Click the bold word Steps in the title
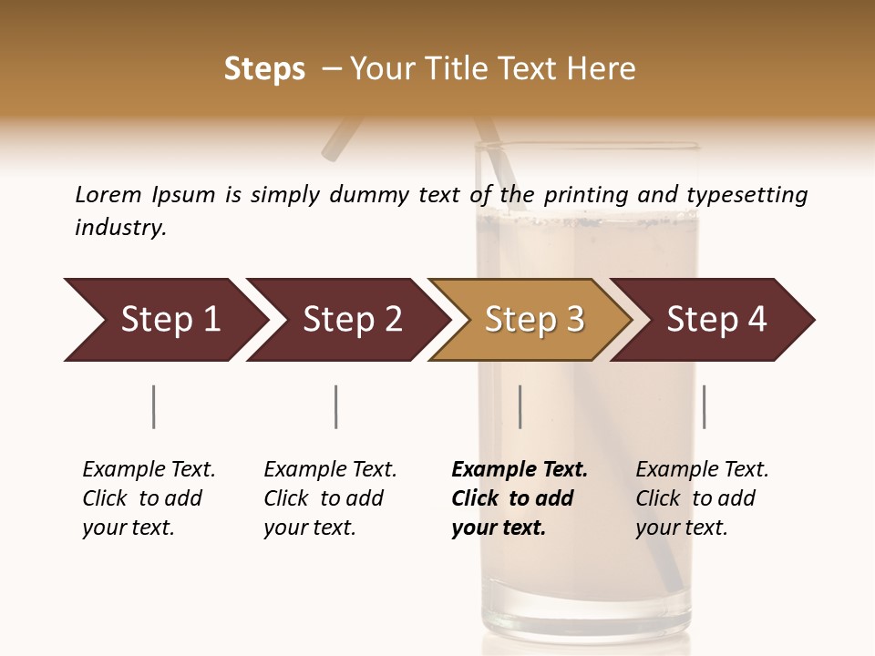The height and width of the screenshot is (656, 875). [264, 69]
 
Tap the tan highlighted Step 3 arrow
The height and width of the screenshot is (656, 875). [530, 320]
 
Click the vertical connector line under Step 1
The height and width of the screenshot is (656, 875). [154, 406]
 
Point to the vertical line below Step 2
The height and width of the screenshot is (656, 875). [336, 406]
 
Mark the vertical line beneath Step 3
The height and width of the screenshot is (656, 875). [520, 406]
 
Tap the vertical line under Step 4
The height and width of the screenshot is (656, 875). [704, 406]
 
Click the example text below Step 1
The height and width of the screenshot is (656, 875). [149, 498]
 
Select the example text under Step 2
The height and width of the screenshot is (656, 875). [330, 498]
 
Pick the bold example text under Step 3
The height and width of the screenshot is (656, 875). [519, 498]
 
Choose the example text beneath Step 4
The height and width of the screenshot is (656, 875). [702, 498]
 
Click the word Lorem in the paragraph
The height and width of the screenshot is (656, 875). [108, 194]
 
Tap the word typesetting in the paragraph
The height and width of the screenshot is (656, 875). [746, 194]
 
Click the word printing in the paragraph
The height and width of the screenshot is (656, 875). [583, 194]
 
